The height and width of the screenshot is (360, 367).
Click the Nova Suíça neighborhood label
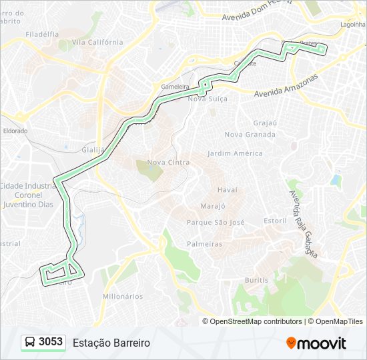point(208,99)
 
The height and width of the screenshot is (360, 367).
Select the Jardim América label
point(235,153)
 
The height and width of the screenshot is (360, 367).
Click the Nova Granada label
point(250,134)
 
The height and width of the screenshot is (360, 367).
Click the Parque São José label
point(216,222)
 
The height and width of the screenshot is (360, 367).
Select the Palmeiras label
point(204,244)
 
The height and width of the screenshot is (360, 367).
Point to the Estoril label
point(275,221)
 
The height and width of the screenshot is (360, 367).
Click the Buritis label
point(257,280)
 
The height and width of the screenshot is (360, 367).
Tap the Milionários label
point(123,296)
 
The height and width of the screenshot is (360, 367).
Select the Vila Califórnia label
point(97,42)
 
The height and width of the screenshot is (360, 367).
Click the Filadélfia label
point(42,33)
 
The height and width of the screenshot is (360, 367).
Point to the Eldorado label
point(15,131)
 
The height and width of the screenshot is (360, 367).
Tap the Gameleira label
point(175,87)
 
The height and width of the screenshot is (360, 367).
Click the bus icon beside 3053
point(30,342)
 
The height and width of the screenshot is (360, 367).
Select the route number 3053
point(51,342)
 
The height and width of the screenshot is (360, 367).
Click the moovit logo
point(316,343)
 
